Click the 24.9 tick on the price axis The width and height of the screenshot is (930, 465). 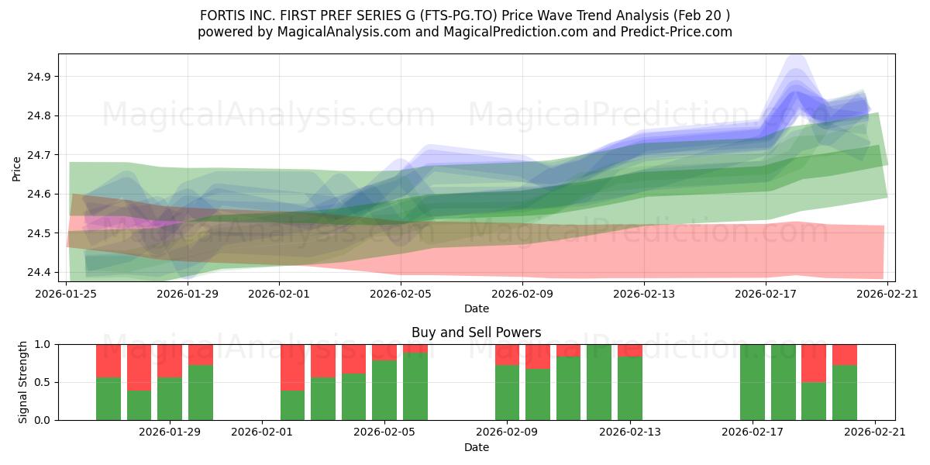tap(39, 77)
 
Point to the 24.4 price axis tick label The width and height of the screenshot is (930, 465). tap(39, 272)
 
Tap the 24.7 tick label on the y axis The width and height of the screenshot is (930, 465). tap(39, 155)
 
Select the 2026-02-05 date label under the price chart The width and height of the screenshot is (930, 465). tap(401, 294)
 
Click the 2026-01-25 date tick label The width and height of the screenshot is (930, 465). tap(66, 294)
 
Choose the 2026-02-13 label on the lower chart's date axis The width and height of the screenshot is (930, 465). tap(630, 432)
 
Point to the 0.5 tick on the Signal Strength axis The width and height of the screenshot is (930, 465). tap(43, 382)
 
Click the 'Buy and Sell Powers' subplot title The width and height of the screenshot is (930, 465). tap(476, 332)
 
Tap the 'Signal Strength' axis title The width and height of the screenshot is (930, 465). tap(22, 382)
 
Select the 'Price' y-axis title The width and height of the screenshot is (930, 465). tap(16, 169)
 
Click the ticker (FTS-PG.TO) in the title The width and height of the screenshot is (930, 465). tap(458, 15)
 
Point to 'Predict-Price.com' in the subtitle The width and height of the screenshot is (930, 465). tap(677, 32)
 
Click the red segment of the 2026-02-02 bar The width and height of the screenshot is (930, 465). tap(293, 367)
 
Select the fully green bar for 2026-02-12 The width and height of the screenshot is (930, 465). tap(599, 382)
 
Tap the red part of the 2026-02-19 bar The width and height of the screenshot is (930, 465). tap(814, 363)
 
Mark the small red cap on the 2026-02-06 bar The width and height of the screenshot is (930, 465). tap(415, 348)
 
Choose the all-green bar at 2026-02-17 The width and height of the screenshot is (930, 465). tap(753, 382)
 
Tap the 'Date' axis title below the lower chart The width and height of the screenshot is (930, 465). tap(476, 447)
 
